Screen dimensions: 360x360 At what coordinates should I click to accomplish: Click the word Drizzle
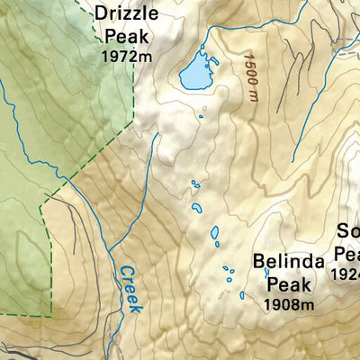click(126, 14)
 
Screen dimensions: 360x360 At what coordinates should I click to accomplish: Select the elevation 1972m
click(125, 56)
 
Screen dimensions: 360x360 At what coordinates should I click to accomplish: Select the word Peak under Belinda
click(288, 284)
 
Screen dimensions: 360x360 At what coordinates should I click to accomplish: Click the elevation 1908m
click(288, 305)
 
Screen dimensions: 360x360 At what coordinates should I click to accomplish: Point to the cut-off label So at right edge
click(348, 229)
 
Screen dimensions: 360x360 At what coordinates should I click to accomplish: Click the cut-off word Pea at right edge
click(346, 252)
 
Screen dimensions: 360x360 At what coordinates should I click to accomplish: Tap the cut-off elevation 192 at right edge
click(346, 273)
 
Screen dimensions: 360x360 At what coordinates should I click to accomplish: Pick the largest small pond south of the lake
click(215, 233)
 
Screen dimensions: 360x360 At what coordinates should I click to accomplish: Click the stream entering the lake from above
click(203, 47)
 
